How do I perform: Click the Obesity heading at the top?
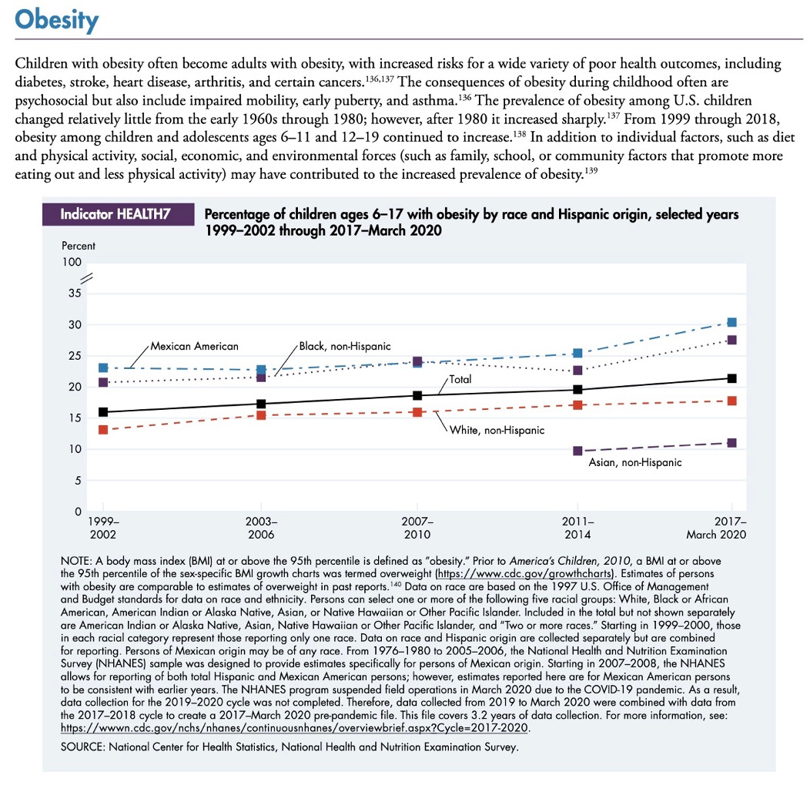57,21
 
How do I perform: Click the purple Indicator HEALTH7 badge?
115,215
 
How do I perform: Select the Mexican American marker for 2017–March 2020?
731,322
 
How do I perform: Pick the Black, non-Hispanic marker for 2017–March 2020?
731,340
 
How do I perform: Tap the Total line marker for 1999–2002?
103,412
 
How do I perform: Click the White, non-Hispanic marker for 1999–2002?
103,430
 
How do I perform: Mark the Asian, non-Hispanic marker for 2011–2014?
577,451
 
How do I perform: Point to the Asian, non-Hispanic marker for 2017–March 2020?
731,443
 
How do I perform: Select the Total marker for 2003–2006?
261,404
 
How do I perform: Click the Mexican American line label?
194,346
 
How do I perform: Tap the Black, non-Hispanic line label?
345,346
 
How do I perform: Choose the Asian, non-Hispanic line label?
635,463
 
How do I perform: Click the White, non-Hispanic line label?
497,429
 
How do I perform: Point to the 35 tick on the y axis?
74,294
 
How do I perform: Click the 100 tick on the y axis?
72,263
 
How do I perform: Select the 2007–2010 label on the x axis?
417,528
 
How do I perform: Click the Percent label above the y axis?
78,247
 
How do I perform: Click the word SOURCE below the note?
84,747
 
